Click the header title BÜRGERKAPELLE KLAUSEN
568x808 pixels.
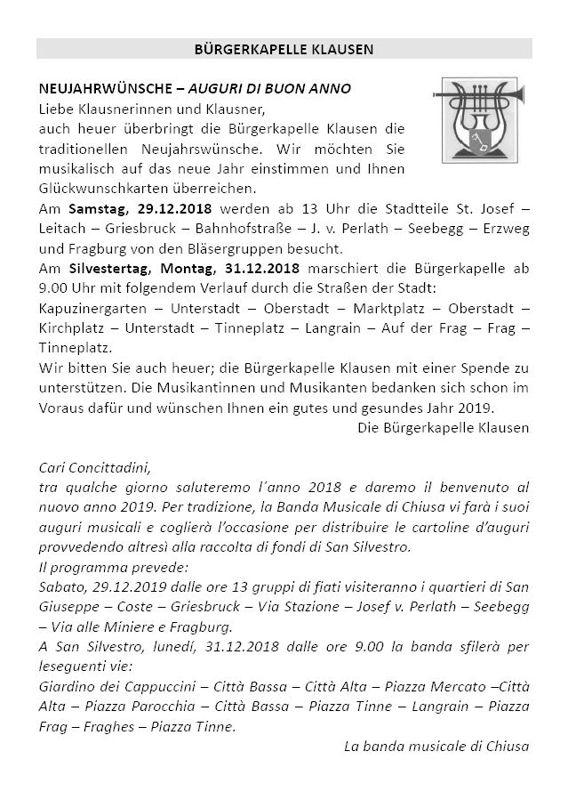pos(284,49)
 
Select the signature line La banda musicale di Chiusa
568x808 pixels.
pos(436,746)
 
